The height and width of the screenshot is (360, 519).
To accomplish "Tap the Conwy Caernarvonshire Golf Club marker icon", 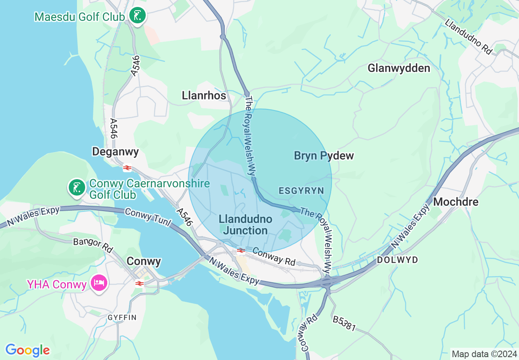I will (77, 188).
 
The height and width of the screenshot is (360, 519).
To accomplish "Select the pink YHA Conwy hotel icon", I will (99, 283).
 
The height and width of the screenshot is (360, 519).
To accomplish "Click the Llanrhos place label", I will (204, 96).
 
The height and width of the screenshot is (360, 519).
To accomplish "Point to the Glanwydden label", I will (399, 68).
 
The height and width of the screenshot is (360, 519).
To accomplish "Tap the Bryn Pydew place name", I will (324, 155).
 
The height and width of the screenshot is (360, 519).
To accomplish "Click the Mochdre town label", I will (456, 202).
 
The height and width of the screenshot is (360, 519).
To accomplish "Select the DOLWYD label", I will (397, 260).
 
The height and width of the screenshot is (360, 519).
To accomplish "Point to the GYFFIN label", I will (122, 317).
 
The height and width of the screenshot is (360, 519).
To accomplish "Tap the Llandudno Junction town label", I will (245, 225).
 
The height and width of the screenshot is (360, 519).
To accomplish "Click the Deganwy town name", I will (115, 152).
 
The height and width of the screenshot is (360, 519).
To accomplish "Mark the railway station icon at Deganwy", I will (127, 168).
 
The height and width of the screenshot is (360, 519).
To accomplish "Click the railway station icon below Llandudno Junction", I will (241, 250).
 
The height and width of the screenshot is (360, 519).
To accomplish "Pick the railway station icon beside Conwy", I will (140, 283).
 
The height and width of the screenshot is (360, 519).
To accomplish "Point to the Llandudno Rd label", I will (468, 37).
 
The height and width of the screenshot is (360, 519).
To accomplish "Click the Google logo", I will (27, 350).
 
